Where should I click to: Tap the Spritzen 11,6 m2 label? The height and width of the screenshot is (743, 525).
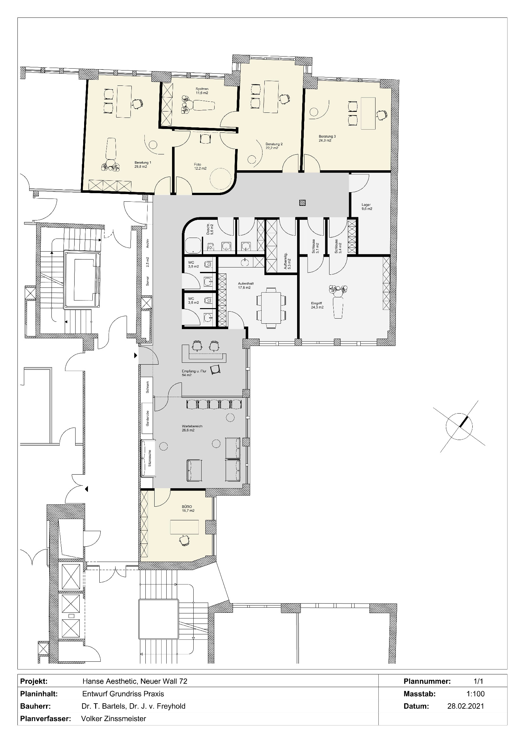pos(202,91)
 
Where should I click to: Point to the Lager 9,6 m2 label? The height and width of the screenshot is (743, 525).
pos(367,207)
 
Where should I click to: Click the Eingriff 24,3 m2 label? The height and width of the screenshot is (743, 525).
pos(317,305)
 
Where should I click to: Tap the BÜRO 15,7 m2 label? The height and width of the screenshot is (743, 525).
pos(188,509)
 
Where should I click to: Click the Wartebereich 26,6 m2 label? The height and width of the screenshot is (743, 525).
pos(192,428)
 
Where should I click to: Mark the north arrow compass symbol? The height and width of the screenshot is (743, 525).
pos(459,427)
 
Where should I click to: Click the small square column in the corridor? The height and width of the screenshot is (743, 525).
pos(302,203)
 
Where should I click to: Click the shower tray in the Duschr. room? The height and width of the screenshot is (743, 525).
pos(193,245)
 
